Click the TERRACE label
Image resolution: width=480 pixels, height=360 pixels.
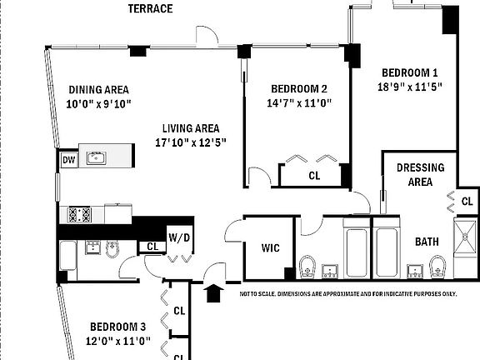click(x=150, y=9)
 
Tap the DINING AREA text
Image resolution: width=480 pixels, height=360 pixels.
click(x=98, y=90)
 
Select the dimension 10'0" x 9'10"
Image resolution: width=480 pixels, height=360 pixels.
click(x=98, y=104)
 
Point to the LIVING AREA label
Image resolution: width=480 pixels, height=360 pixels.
click(x=191, y=128)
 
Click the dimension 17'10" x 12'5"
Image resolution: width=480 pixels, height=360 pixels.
click(x=191, y=142)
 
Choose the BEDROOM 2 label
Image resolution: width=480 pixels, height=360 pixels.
click(x=299, y=89)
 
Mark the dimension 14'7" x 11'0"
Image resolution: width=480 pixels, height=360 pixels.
click(x=299, y=103)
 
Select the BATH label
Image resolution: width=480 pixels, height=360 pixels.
click(x=427, y=242)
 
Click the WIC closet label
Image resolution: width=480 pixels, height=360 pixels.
click(x=271, y=248)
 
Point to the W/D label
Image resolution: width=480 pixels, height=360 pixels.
click(x=179, y=237)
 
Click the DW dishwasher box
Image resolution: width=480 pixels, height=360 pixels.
click(x=67, y=160)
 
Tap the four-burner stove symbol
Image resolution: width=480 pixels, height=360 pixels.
click(x=79, y=214)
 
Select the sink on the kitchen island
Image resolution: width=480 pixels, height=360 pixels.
click(x=97, y=157)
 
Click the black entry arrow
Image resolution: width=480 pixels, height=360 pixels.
click(x=214, y=292)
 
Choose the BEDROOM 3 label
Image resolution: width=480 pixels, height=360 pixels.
click(x=119, y=327)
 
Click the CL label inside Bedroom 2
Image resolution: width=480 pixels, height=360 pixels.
click(x=314, y=176)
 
